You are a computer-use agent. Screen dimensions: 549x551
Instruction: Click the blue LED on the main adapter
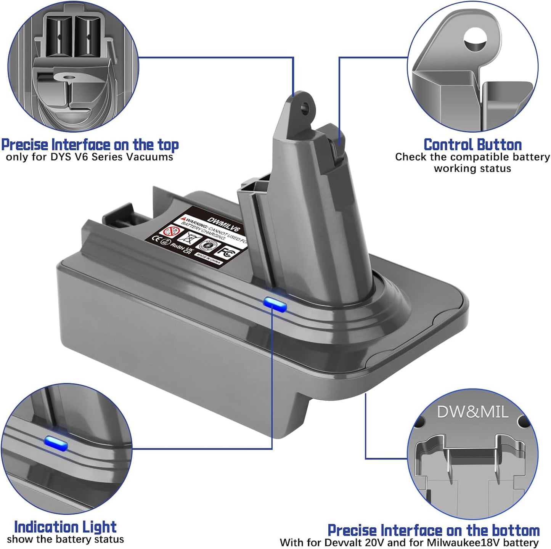(x=275, y=303)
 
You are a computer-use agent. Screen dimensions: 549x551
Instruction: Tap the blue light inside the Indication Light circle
(x=56, y=443)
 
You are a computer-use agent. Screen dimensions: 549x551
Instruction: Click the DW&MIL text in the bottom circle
(x=472, y=412)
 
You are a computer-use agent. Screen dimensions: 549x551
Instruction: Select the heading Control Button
(x=472, y=145)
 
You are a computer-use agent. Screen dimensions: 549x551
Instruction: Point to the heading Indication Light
(x=65, y=527)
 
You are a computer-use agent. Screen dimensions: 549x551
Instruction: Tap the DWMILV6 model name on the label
(x=223, y=225)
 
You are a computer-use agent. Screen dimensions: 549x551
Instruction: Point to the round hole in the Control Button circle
(x=475, y=39)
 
